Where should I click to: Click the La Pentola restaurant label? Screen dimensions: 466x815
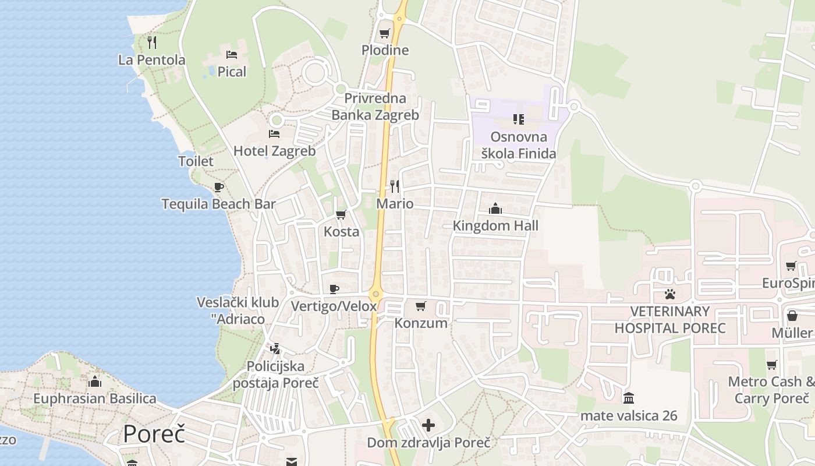pyautogui.click(x=151, y=59)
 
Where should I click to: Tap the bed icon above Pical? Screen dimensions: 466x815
pyautogui.click(x=232, y=55)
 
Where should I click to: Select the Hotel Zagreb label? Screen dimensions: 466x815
pyautogui.click(x=274, y=151)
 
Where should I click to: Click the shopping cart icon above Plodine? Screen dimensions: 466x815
pyautogui.click(x=384, y=33)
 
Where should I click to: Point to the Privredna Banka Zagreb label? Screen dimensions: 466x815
pyautogui.click(x=375, y=107)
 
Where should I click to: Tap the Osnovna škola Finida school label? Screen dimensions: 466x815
pyautogui.click(x=519, y=145)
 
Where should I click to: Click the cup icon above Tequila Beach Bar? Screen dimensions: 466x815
pyautogui.click(x=219, y=187)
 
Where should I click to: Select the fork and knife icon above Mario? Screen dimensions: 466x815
pyautogui.click(x=395, y=186)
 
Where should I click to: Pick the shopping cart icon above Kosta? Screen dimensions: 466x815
pyautogui.click(x=341, y=214)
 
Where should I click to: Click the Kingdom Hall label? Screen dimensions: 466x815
pyautogui.click(x=495, y=225)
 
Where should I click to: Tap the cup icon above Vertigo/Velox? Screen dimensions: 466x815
pyautogui.click(x=334, y=289)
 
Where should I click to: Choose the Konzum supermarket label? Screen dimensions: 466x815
pyautogui.click(x=421, y=323)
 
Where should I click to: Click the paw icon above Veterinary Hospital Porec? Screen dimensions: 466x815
pyautogui.click(x=670, y=294)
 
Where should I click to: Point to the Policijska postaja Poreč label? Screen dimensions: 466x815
pyautogui.click(x=276, y=374)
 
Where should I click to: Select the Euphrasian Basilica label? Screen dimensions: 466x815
pyautogui.click(x=95, y=398)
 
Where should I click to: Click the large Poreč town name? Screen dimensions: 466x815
pyautogui.click(x=154, y=435)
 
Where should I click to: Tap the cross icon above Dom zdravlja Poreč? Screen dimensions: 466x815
pyautogui.click(x=428, y=425)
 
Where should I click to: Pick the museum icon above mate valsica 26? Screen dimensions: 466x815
pyautogui.click(x=629, y=398)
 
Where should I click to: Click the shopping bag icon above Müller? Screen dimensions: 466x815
pyautogui.click(x=792, y=316)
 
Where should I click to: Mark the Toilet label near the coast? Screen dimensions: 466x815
pyautogui.click(x=196, y=161)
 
